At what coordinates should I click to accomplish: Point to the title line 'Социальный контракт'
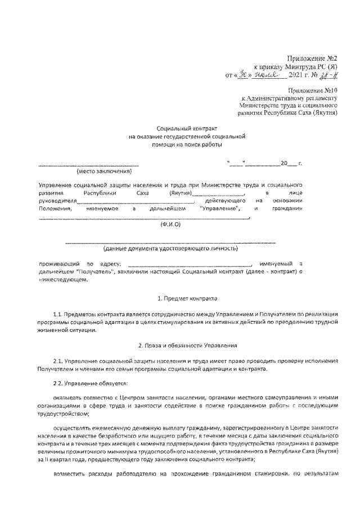[x=183, y=129]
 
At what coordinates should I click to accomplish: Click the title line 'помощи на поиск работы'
[x=183, y=144]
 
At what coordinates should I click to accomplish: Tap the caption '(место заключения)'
[x=107, y=169]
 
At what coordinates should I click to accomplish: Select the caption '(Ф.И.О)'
[x=170, y=224]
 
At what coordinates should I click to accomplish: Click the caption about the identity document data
[x=170, y=248]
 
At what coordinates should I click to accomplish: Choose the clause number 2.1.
[x=59, y=361]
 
